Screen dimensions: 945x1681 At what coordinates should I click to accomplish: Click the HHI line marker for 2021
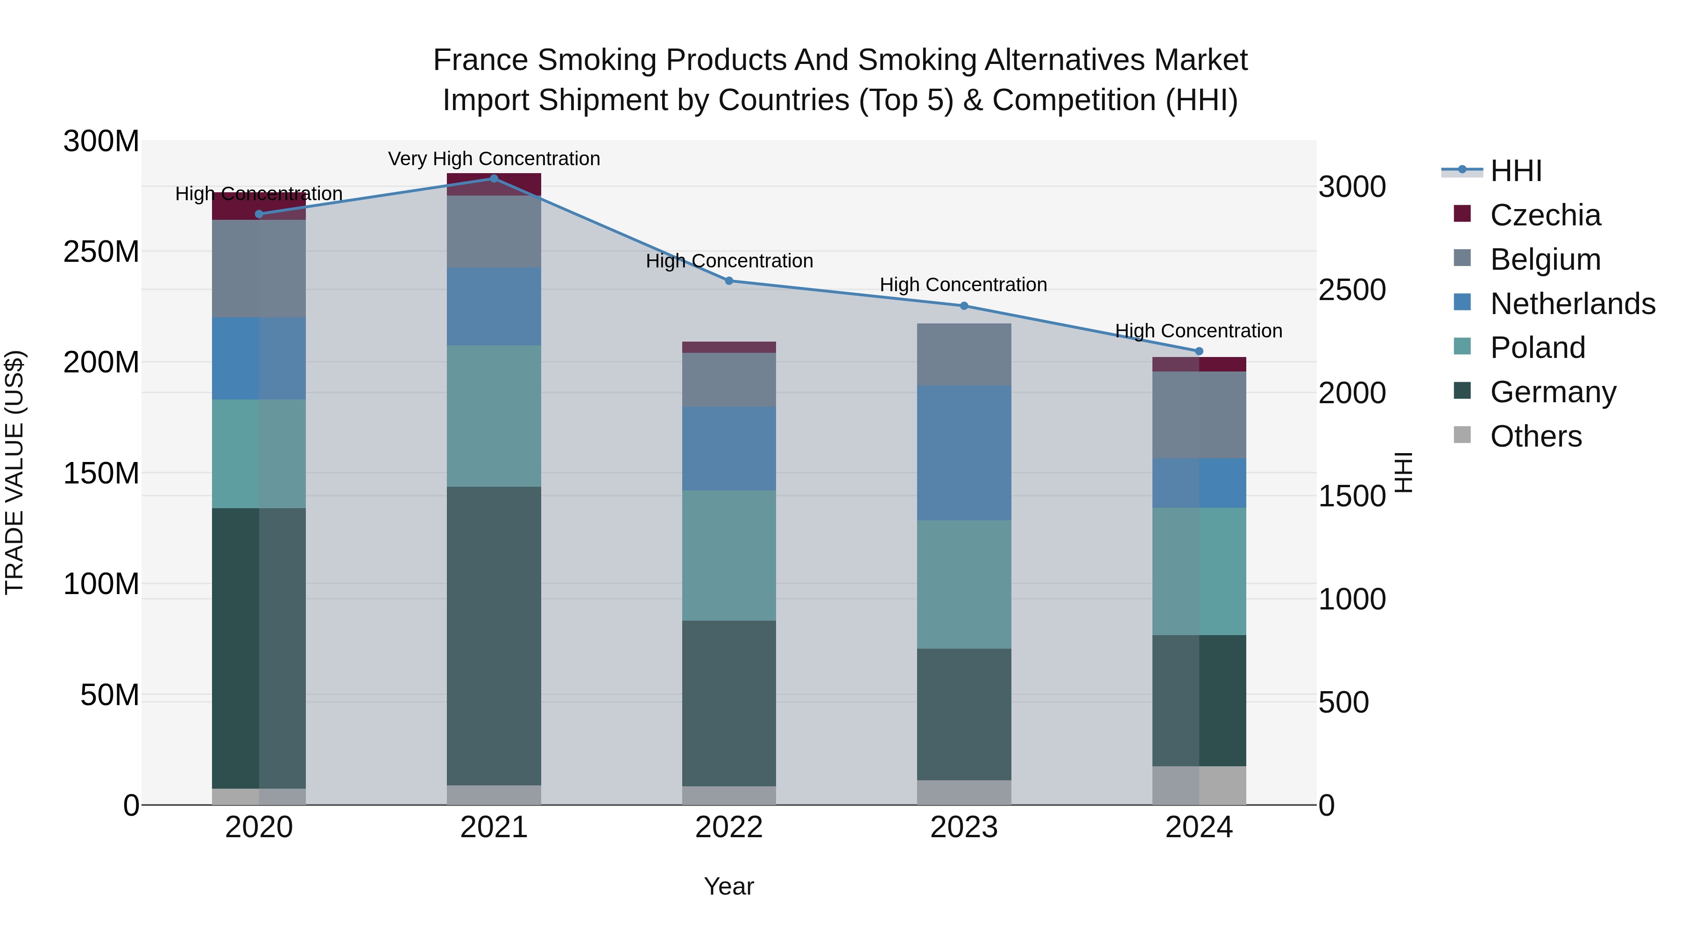click(494, 179)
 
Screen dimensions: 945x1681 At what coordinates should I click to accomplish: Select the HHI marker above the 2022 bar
click(729, 281)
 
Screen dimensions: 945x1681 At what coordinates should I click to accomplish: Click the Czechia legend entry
click(1545, 215)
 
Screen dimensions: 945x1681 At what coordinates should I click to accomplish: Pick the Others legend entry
click(1535, 436)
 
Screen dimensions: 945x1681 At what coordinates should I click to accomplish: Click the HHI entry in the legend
click(1515, 171)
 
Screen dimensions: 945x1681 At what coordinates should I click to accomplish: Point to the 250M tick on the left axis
click(101, 252)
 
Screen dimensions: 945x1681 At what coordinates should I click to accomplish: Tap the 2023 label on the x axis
click(964, 827)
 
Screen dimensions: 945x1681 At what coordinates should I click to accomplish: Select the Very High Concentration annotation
click(494, 159)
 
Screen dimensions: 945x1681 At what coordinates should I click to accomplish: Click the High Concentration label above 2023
click(963, 285)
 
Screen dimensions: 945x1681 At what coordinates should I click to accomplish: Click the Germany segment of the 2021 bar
click(494, 636)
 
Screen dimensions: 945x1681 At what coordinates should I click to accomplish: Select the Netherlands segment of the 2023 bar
click(964, 453)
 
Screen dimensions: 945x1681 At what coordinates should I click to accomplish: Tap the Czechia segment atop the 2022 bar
click(729, 347)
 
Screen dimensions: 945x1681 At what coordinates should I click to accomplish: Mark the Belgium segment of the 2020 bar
click(259, 269)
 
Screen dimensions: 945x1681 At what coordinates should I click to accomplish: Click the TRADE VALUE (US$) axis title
click(14, 472)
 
